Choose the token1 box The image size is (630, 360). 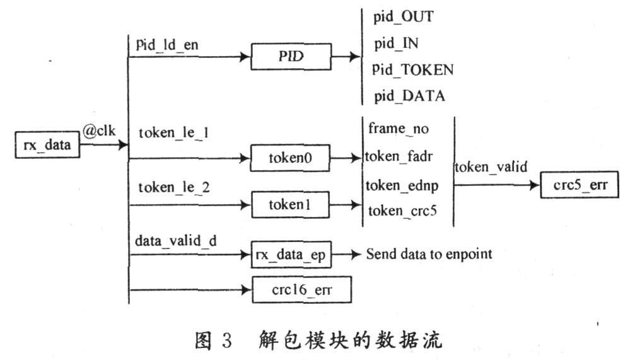291,205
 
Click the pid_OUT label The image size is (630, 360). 403,16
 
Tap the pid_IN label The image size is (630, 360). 395,44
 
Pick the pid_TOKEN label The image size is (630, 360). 412,69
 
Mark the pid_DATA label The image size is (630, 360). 409,96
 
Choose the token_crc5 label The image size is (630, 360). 403,211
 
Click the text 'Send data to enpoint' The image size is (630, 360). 429,254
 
